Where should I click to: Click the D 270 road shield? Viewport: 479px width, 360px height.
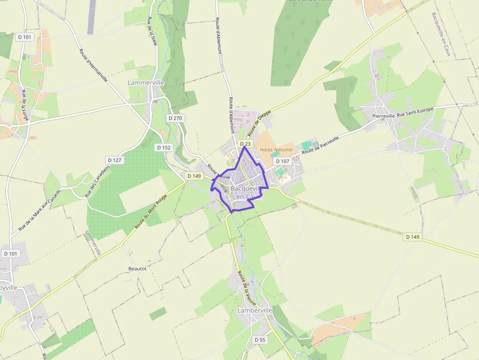tap(174, 118)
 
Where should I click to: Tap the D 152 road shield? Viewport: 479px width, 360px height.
tap(163, 147)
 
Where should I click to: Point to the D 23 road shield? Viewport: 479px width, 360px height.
tap(245, 144)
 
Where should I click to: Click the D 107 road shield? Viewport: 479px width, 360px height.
tap(283, 161)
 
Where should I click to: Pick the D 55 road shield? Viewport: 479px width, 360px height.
tap(260, 339)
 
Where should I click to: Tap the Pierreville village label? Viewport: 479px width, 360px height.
tap(383, 116)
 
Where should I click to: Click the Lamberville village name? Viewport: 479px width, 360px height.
tap(254, 310)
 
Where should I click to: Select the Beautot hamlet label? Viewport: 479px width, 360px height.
tap(137, 269)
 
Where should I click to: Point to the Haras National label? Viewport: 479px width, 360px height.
tap(276, 150)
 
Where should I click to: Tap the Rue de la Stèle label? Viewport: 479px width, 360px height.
tap(152, 31)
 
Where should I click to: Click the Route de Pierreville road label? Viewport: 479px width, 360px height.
tap(320, 145)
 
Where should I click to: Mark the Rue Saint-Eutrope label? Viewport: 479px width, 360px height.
tap(415, 112)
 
